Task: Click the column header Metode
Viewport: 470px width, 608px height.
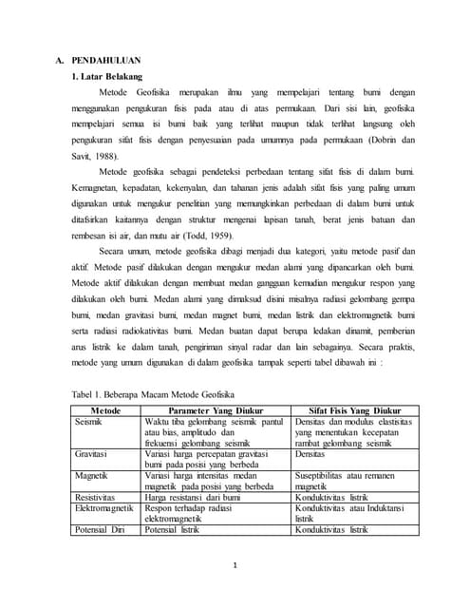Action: click(104, 410)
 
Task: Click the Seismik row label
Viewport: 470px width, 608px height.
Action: click(88, 421)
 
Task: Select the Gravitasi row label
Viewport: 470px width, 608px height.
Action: click(91, 454)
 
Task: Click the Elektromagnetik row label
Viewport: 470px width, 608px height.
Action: click(104, 508)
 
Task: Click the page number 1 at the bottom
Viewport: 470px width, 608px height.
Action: click(235, 566)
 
